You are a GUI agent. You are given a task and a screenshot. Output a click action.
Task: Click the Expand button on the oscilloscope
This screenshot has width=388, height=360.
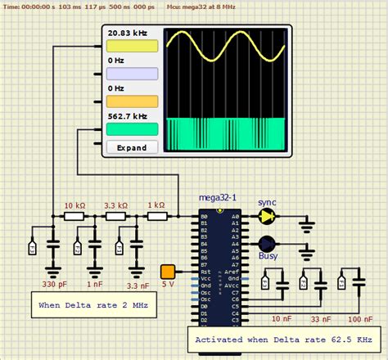coord(131,148)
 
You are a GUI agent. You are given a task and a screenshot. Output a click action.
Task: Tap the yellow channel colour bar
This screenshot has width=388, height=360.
coord(131,47)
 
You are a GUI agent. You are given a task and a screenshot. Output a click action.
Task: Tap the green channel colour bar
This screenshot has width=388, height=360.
coord(131,129)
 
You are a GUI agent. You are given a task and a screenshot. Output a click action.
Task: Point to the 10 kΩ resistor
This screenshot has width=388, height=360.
coord(75,217)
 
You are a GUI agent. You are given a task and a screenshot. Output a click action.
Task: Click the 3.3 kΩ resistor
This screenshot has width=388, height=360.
coord(115,217)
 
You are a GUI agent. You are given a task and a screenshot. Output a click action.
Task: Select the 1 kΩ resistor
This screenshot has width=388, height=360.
coord(156,217)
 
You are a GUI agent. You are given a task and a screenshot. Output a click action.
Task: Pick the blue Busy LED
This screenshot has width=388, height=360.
coord(267,244)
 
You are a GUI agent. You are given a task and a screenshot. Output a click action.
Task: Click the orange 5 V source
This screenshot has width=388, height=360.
coord(168,272)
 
